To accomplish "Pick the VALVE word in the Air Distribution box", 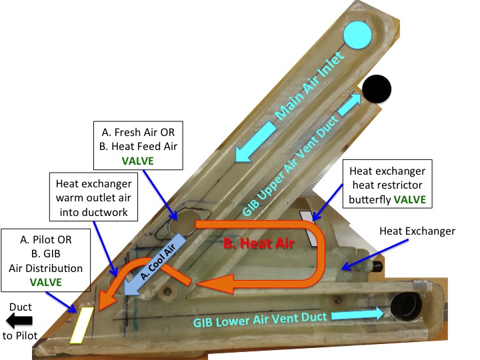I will point(45,281).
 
